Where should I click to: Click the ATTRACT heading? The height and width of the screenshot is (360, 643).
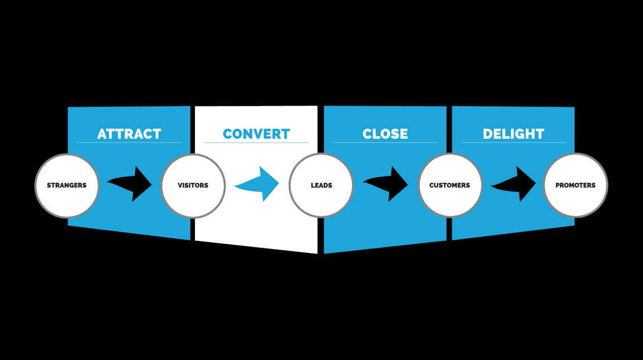[129, 133]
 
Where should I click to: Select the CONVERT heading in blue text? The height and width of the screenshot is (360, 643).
[256, 133]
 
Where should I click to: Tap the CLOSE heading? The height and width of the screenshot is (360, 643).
[385, 133]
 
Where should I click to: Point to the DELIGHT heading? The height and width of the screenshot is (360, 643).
[513, 133]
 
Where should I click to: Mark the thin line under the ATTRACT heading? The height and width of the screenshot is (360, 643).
[129, 142]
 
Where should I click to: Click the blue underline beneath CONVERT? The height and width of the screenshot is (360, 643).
[256, 142]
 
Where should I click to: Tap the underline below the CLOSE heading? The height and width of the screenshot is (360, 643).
[385, 142]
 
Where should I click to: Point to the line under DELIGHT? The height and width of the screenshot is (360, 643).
[513, 142]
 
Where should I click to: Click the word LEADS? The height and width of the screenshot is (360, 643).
[322, 185]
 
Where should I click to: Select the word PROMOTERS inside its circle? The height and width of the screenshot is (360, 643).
[575, 185]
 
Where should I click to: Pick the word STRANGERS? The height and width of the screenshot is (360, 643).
[66, 185]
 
